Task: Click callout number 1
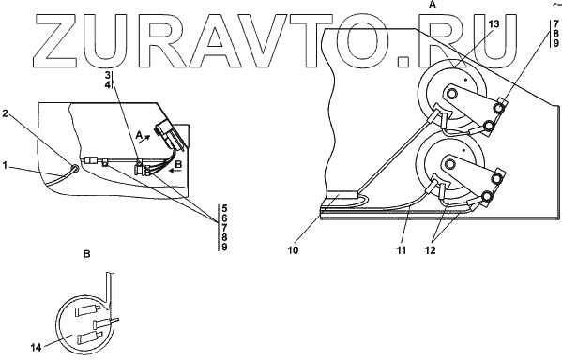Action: tap(5, 166)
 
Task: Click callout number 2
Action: tap(5, 113)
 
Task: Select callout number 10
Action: tap(293, 250)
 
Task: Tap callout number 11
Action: tap(402, 250)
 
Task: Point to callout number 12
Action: tap(430, 250)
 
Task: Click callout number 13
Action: tap(494, 24)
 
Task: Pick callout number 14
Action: tap(36, 347)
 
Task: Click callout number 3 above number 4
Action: tap(108, 75)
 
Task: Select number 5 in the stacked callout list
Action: tap(224, 208)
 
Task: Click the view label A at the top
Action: tap(433, 5)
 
